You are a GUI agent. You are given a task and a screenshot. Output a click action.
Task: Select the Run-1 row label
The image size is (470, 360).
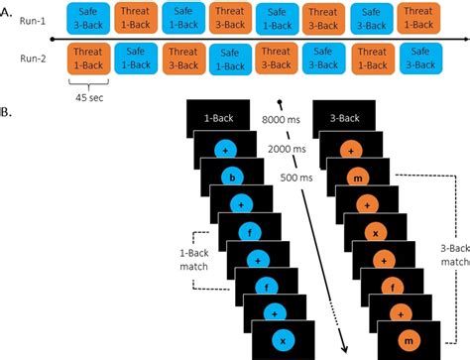coord(29,20)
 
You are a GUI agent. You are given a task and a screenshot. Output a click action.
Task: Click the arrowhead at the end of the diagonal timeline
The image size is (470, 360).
coord(347,349)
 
